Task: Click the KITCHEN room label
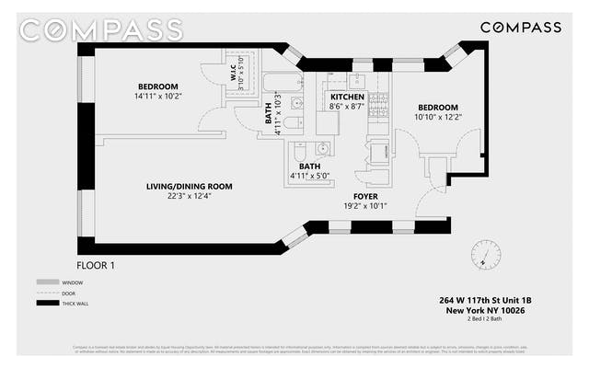[347, 97]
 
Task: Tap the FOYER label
[366, 197]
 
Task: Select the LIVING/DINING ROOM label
[189, 186]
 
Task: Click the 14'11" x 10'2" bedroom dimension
[158, 97]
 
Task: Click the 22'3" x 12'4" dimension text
[189, 196]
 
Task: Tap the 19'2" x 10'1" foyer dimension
[366, 206]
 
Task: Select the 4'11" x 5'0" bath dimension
[309, 176]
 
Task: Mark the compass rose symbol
[480, 254]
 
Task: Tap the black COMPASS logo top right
[521, 27]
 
